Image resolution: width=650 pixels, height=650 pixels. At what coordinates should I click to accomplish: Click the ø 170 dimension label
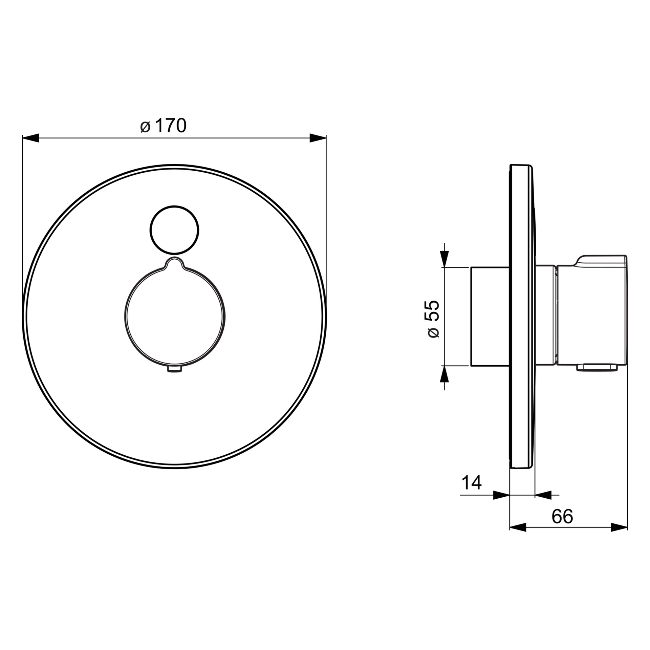(163, 126)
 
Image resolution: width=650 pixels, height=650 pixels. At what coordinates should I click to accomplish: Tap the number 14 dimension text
(471, 482)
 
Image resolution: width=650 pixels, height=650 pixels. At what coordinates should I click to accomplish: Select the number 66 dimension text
(562, 516)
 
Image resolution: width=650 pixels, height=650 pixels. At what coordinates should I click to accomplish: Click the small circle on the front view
(174, 230)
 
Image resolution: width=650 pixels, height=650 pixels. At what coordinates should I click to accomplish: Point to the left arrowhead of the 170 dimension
(30, 138)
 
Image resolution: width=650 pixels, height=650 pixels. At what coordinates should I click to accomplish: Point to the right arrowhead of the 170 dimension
(318, 138)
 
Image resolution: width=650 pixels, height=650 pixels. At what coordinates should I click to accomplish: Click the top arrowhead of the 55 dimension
(445, 259)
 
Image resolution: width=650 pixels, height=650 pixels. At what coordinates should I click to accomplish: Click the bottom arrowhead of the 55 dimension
(445, 374)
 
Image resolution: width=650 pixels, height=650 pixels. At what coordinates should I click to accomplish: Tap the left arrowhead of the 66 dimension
(518, 527)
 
